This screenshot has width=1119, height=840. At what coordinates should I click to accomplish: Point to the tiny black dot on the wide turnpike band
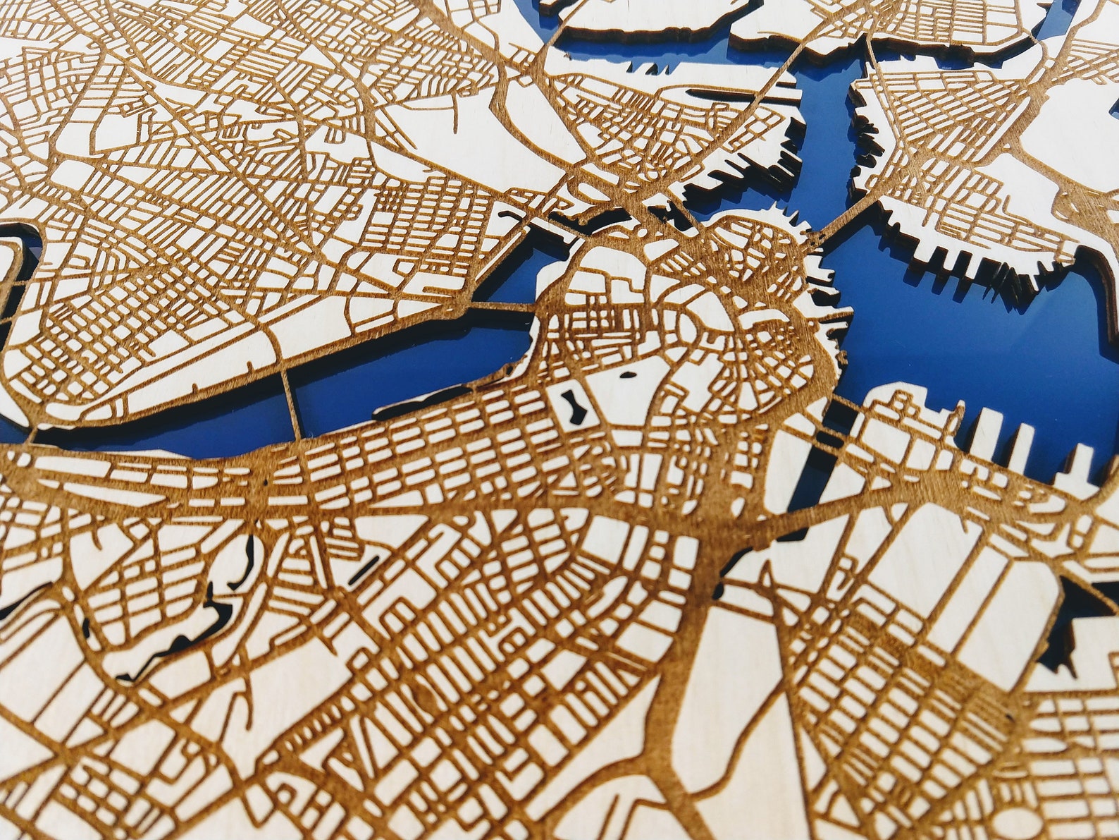tap(266, 482)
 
